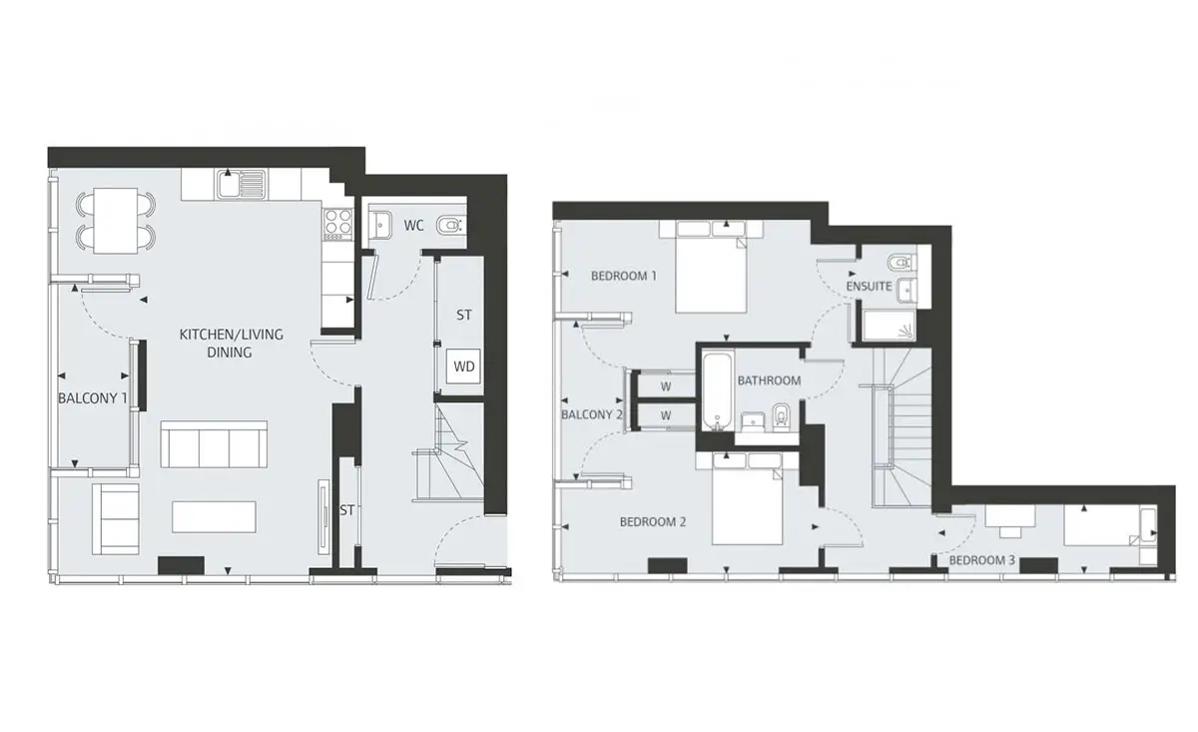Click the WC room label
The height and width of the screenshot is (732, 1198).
[413, 226]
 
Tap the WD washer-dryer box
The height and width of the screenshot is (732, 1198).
[463, 366]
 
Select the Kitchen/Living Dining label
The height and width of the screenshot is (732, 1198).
[231, 343]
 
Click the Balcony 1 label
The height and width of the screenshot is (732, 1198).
[92, 398]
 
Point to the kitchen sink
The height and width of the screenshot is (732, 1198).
[242, 184]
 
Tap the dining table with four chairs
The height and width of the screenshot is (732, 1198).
[116, 221]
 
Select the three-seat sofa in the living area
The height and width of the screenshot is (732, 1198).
[214, 444]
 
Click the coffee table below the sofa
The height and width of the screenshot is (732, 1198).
[214, 516]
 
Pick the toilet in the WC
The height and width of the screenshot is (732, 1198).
[449, 226]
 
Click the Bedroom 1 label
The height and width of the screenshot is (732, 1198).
[624, 276]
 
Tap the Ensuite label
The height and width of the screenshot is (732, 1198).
[869, 287]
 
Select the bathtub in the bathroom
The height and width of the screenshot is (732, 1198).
[717, 391]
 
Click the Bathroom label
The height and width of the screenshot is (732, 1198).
[769, 380]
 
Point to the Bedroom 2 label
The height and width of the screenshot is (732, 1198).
[653, 521]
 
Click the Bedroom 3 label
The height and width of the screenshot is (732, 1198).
[982, 560]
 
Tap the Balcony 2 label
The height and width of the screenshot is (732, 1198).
[591, 414]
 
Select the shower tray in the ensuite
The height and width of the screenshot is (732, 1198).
[889, 326]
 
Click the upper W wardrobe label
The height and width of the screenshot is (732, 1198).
[665, 386]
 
